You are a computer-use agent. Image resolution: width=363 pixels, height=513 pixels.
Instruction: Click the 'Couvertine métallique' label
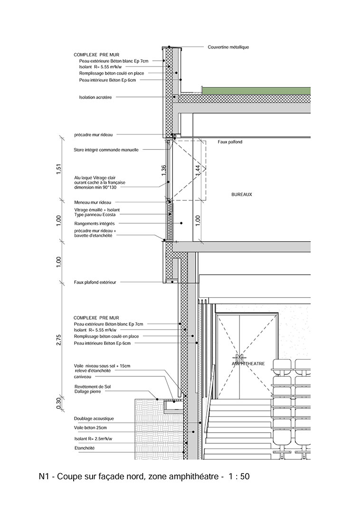pos(228,47)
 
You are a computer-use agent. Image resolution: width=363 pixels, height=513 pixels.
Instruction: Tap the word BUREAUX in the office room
pos(241,195)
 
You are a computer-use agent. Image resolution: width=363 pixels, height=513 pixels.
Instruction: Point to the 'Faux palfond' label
pos(230,142)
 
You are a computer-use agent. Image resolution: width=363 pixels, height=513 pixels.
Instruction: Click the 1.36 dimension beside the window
pos(164,171)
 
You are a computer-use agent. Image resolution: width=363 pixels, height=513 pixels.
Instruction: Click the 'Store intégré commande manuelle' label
pos(106,150)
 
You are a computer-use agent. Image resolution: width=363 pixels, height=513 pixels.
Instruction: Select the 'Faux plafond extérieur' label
pos(95,282)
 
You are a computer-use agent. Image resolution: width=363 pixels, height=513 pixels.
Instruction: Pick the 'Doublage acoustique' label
pos(94,418)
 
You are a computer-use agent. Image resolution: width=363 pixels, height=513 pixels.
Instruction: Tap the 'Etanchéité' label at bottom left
pos(84,447)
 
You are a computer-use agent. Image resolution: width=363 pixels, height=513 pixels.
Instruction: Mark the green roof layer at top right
pos(257,90)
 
